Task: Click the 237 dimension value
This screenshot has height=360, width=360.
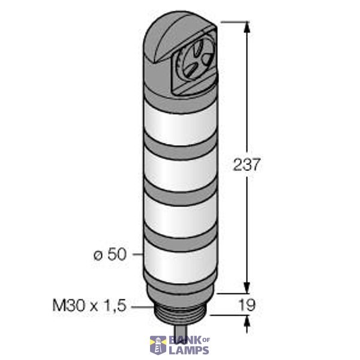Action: (247, 164)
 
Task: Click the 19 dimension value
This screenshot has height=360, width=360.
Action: (247, 305)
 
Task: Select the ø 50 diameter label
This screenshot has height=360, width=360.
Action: (110, 254)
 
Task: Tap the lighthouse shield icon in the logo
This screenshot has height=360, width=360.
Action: (158, 346)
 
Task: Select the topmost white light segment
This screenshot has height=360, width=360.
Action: (176, 124)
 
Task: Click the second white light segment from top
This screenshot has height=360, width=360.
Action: (176, 169)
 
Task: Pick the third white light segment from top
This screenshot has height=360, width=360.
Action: (176, 213)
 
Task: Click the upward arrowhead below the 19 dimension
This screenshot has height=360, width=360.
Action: (246, 321)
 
